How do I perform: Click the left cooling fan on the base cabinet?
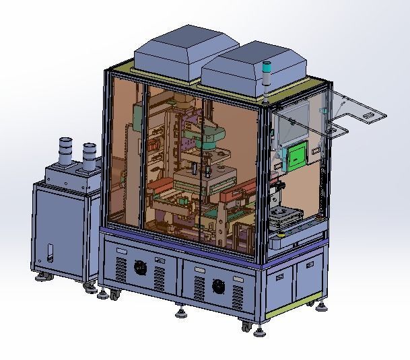click(x=140, y=268)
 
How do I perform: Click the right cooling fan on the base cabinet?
click(x=218, y=285)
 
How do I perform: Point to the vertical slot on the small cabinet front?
click(x=48, y=256)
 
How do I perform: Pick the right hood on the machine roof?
click(x=254, y=66)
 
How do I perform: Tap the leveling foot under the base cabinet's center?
click(x=180, y=312)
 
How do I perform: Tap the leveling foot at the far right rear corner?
click(x=322, y=309)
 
